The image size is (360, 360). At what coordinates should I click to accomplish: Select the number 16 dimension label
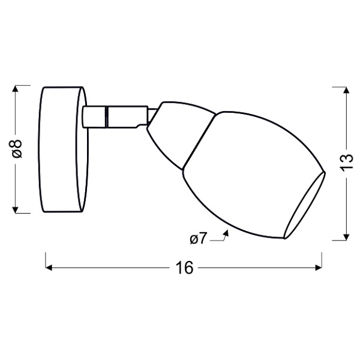(185, 268)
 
